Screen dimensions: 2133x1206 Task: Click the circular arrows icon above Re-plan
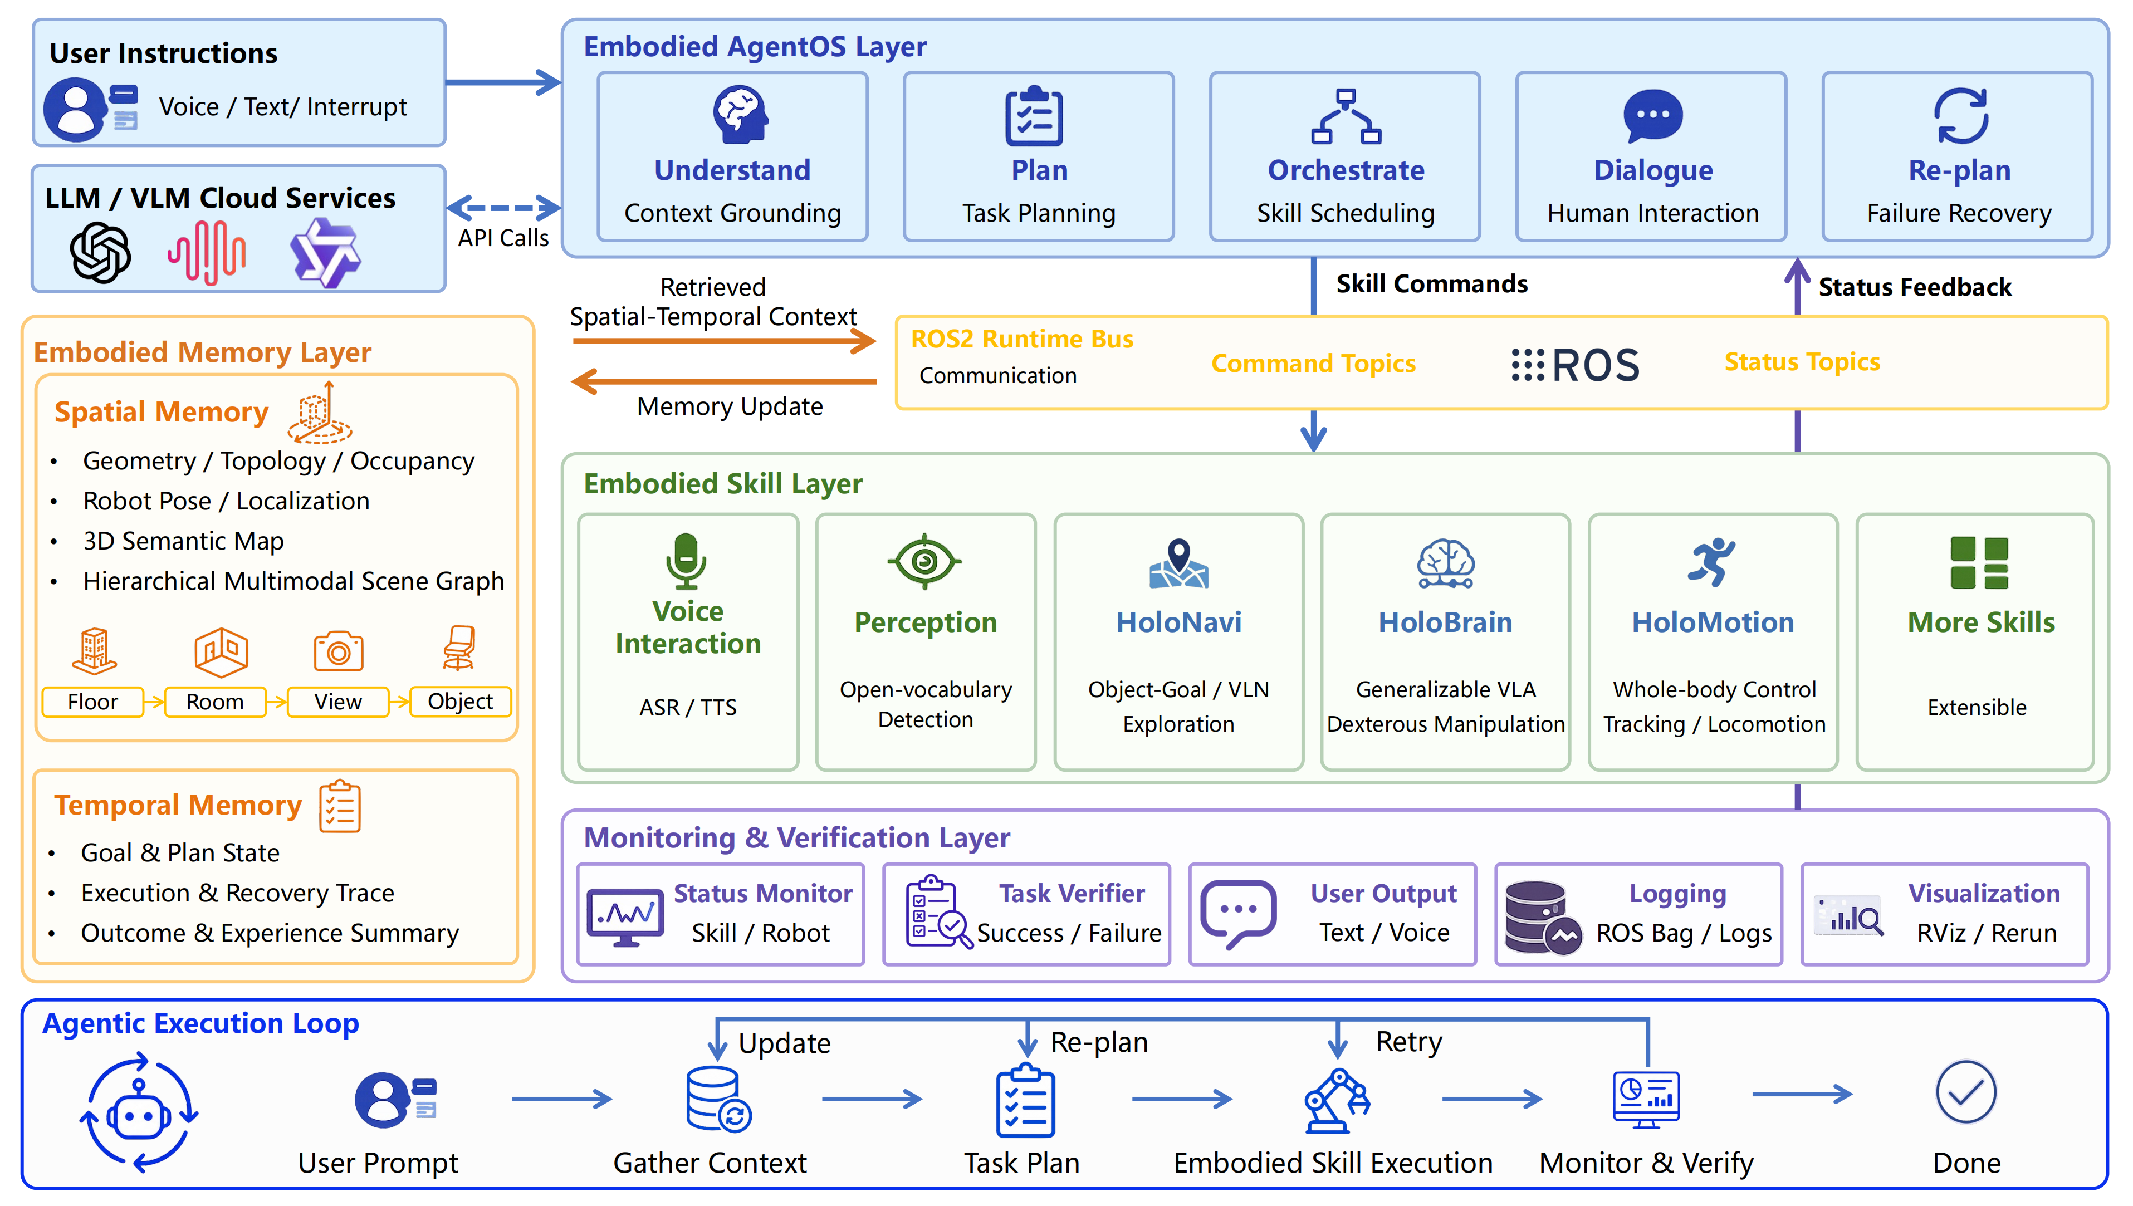coord(1961,115)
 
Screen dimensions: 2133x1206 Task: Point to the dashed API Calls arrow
coord(503,208)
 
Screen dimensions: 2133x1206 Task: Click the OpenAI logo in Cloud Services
coord(100,253)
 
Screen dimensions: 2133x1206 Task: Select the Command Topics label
coord(1313,364)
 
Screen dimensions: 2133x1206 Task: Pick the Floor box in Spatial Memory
coord(93,702)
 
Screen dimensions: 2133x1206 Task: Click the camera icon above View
coord(338,651)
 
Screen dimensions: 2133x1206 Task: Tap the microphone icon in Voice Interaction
coord(686,561)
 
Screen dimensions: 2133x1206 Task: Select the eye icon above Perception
coord(924,562)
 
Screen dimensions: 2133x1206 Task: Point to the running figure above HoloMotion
coord(1711,562)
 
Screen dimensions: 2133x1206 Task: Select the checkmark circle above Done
coord(1966,1092)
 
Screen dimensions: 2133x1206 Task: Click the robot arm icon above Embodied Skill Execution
coord(1336,1100)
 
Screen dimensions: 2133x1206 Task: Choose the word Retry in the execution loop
coord(1408,1042)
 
